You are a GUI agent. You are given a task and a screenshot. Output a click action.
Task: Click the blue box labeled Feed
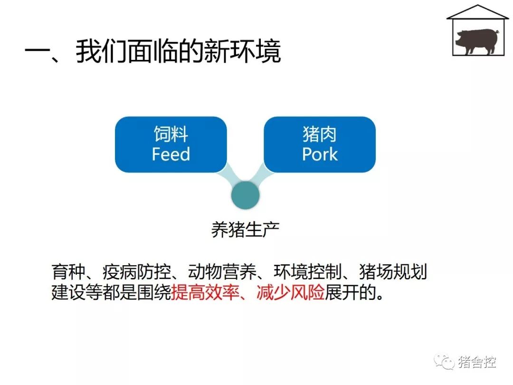pos(171,144)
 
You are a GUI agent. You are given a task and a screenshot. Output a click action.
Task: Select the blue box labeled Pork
pos(320,144)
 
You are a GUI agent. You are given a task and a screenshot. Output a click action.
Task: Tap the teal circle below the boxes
pos(246,195)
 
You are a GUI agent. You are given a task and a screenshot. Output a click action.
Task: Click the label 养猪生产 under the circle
pos(246,230)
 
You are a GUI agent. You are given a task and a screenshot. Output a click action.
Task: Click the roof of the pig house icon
pos(478,12)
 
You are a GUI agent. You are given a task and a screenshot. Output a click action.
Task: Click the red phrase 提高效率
pos(205,292)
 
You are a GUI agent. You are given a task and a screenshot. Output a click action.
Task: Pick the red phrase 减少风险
pos(291,292)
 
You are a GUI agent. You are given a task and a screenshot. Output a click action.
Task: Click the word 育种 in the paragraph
pos(68,272)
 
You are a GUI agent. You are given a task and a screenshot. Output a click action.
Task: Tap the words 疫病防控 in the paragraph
pos(137,272)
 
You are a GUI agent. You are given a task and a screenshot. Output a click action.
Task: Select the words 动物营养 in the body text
pos(222,272)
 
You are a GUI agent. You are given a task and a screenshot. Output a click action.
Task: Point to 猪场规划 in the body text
pos(393,272)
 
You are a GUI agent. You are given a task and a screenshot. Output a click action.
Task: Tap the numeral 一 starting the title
pos(37,51)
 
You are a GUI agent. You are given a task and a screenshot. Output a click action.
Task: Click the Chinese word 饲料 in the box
pos(171,134)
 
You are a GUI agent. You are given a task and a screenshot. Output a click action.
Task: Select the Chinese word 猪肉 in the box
pos(320,134)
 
